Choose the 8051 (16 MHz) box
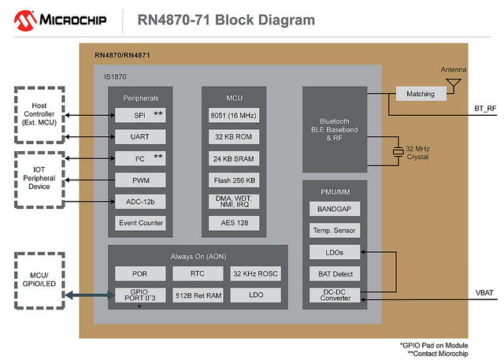[x=234, y=115]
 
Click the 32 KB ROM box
[x=234, y=136]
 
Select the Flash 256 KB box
[x=234, y=180]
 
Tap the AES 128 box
[x=234, y=223]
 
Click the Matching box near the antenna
[x=420, y=94]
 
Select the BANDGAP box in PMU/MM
[x=335, y=210]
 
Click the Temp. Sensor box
[x=335, y=231]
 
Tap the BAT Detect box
[x=335, y=274]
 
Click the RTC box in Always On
[x=198, y=274]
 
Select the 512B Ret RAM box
[x=198, y=296]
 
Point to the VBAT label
[x=484, y=292]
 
